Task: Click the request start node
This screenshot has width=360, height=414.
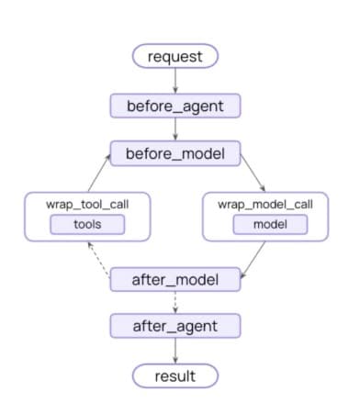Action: [x=175, y=56]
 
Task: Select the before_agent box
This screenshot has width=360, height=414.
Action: [x=175, y=106]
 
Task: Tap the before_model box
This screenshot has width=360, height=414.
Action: [x=175, y=153]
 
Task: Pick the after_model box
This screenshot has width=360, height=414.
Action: [x=175, y=279]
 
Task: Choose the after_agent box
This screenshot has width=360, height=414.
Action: [x=175, y=326]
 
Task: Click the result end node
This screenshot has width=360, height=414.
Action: [x=175, y=375]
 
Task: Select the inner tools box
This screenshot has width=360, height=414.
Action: [x=87, y=225]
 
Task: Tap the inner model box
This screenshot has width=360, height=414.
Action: [x=270, y=225]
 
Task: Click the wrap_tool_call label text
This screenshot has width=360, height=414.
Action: [x=87, y=205]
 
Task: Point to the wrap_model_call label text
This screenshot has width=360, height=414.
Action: [x=265, y=205]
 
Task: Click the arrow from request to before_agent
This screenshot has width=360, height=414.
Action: [x=175, y=81]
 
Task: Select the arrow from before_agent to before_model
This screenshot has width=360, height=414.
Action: [x=175, y=129]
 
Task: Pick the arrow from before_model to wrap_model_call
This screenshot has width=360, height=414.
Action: [x=253, y=173]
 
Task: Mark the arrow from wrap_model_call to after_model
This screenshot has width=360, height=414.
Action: [x=253, y=260]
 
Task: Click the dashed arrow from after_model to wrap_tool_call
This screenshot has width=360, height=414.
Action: [x=98, y=260]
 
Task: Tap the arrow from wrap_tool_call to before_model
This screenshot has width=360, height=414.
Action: [x=99, y=173]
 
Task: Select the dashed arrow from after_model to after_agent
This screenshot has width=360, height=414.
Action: [x=175, y=302]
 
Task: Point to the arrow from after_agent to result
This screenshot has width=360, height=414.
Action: [x=175, y=351]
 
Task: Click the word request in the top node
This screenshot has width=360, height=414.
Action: [x=175, y=57]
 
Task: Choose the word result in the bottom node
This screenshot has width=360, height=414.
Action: [x=175, y=376]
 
